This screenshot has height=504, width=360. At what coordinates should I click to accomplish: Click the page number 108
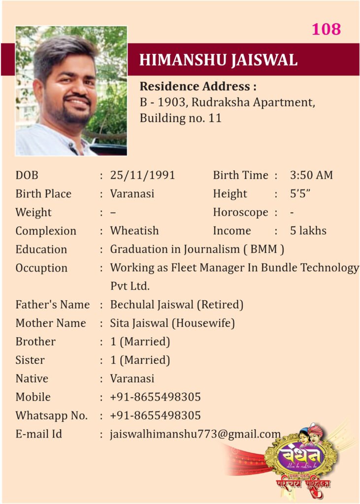(326, 29)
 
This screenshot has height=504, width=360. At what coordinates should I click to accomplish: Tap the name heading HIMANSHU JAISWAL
(218, 60)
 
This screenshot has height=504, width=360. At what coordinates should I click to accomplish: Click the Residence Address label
(198, 87)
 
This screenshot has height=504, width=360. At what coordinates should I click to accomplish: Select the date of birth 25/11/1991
(142, 175)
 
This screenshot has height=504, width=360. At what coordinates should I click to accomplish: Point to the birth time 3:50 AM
(311, 175)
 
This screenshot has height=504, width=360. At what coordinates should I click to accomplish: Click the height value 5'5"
(299, 194)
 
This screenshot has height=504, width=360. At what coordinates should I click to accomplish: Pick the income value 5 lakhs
(308, 231)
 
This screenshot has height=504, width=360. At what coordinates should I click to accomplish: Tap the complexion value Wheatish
(134, 231)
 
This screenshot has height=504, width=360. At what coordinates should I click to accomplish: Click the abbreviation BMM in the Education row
(263, 250)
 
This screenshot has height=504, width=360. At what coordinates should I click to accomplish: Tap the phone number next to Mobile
(155, 397)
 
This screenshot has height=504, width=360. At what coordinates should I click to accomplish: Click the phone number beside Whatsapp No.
(155, 415)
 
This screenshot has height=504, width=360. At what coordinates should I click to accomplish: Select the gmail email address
(195, 434)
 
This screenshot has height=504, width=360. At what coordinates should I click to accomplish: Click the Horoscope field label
(240, 213)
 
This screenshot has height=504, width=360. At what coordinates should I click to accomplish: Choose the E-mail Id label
(39, 434)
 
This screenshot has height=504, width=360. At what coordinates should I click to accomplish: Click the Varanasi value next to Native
(132, 378)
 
